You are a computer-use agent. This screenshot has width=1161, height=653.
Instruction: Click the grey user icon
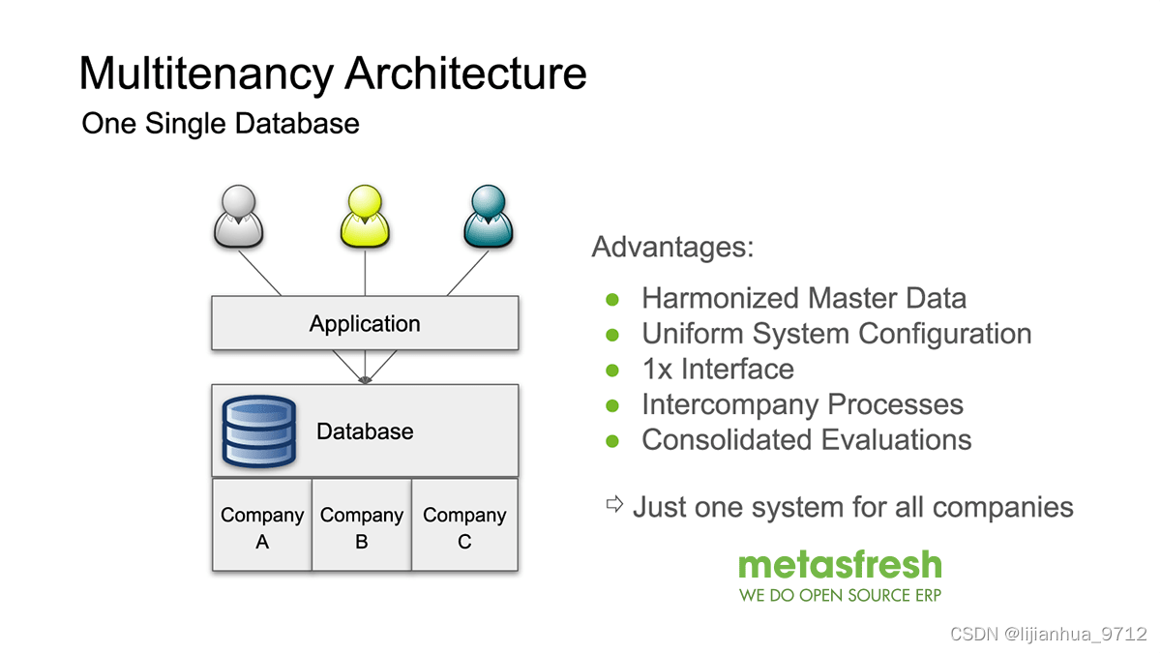(x=238, y=217)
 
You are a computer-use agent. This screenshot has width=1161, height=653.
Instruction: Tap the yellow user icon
(x=365, y=217)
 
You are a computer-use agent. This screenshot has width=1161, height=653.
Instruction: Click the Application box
(x=365, y=323)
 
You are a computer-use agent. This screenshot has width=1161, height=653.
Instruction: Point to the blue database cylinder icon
(x=258, y=430)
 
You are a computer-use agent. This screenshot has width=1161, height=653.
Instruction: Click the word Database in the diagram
(x=365, y=431)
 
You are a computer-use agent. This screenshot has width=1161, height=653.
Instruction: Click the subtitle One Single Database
(x=221, y=124)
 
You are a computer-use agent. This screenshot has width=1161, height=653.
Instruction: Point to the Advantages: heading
(x=672, y=247)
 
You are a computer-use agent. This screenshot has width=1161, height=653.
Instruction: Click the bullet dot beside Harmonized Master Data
(x=611, y=299)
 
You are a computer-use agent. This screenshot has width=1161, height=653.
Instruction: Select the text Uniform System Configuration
(x=837, y=334)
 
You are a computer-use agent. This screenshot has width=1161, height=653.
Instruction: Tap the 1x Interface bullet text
(x=718, y=369)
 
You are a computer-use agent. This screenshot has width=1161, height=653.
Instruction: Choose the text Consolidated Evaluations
(x=807, y=439)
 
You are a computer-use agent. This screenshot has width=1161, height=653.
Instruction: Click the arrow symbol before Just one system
(x=614, y=504)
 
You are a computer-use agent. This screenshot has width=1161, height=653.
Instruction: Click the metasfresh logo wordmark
(x=840, y=564)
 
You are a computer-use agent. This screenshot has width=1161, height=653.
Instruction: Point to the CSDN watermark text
(x=1048, y=634)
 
